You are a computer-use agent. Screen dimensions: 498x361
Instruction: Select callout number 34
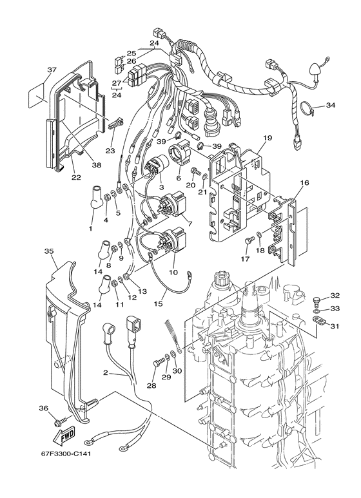(331, 105)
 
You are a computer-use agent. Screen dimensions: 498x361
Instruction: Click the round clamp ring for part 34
(306, 109)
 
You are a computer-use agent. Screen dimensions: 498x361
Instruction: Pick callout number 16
(304, 183)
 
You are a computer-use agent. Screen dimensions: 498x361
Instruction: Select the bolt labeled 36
(60, 421)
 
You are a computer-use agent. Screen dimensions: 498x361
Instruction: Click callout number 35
(49, 251)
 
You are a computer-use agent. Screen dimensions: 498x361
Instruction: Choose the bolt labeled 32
(315, 300)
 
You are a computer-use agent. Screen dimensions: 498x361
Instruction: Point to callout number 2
(105, 372)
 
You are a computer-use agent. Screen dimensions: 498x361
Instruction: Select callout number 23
(111, 151)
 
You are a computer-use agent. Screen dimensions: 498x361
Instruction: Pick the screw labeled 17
(249, 240)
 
